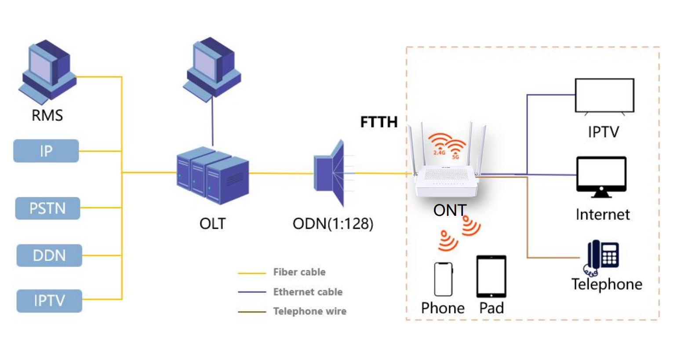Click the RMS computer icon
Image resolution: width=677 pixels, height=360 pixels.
48,70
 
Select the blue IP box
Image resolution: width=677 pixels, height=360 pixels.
46,151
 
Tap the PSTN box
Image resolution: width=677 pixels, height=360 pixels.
47,208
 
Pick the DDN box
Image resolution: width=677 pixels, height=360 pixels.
49,255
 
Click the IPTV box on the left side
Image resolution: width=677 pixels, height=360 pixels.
49,301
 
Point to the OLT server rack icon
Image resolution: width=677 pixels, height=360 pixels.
213,176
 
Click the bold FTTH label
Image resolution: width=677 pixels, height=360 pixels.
379,122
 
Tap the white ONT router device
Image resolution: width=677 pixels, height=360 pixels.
446,180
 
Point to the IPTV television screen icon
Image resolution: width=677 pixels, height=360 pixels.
604,95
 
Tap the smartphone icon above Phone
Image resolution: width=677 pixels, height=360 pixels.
443,279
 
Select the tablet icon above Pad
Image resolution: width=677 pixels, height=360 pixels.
491,276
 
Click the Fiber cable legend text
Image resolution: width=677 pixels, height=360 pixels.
299,272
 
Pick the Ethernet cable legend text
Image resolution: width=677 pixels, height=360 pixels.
308,292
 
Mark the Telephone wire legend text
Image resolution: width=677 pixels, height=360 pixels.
309,311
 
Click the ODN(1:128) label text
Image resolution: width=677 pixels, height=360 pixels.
333,224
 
